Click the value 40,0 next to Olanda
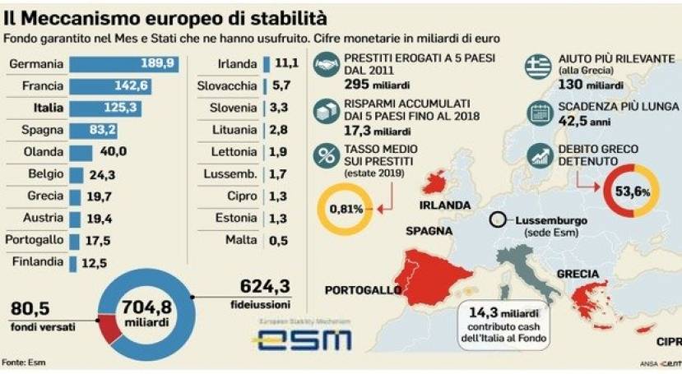click(114, 152)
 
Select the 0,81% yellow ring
click(346, 209)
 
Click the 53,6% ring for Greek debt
click(632, 191)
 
